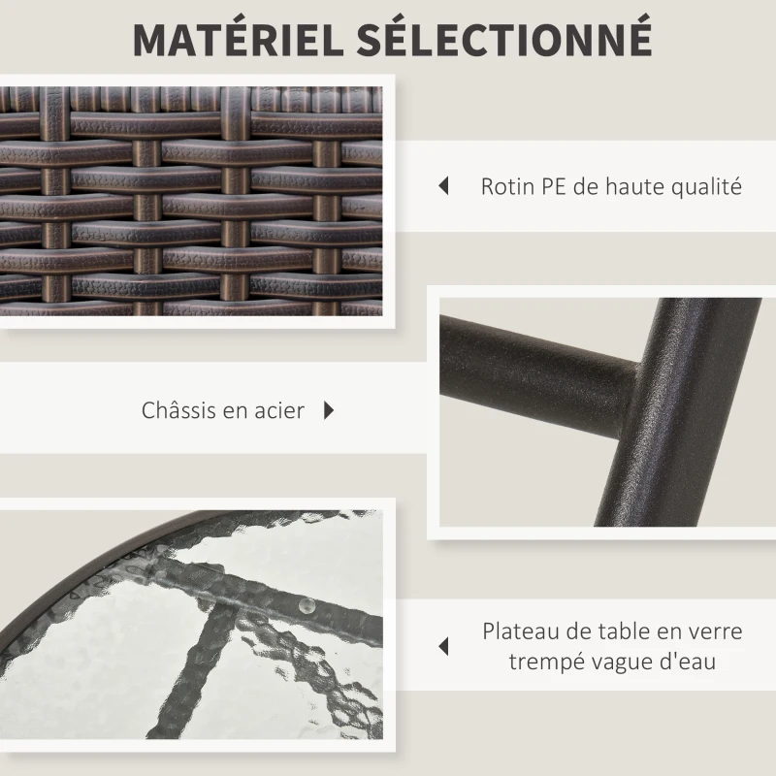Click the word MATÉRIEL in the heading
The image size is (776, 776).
point(238,39)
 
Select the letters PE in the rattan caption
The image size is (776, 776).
point(554,187)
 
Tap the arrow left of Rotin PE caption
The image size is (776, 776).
point(443,186)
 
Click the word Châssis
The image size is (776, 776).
point(178,409)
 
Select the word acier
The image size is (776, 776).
point(279,410)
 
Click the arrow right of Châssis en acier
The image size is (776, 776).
point(329,410)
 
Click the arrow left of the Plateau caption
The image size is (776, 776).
point(443,646)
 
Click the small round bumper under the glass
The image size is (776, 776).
point(307,604)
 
